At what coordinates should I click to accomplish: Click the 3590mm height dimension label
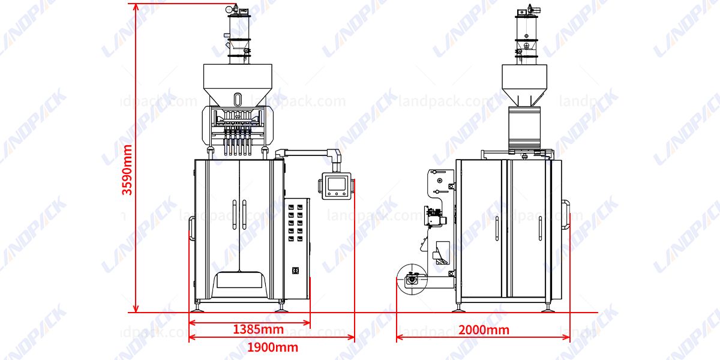tap(127, 170)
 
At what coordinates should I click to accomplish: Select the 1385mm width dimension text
tap(258, 329)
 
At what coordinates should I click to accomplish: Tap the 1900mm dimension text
tap(272, 347)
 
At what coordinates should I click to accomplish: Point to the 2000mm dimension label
tap(484, 329)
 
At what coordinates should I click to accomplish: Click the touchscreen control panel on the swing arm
tap(337, 185)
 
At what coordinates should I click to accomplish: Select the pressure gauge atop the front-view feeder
tap(229, 10)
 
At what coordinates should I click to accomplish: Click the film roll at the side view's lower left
tap(411, 279)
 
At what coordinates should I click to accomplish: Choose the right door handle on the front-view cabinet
tap(244, 214)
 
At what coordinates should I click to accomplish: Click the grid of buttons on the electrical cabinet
tap(297, 222)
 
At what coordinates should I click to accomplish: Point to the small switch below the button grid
tap(295, 271)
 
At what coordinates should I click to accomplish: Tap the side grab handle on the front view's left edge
tap(191, 229)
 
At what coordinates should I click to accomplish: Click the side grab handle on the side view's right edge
tap(566, 213)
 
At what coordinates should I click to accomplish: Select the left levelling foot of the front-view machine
tap(199, 308)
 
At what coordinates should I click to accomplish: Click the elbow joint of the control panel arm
tap(337, 154)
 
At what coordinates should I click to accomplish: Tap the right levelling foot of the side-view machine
tap(547, 308)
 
